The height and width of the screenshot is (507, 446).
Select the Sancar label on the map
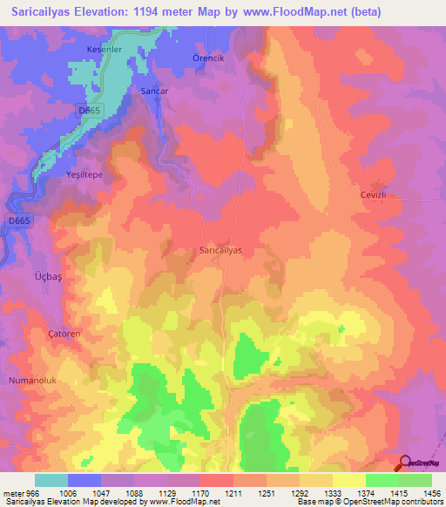click(x=153, y=90)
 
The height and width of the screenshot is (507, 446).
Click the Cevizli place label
click(x=377, y=195)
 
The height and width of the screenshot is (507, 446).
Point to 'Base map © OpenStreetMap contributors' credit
click(x=368, y=502)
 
